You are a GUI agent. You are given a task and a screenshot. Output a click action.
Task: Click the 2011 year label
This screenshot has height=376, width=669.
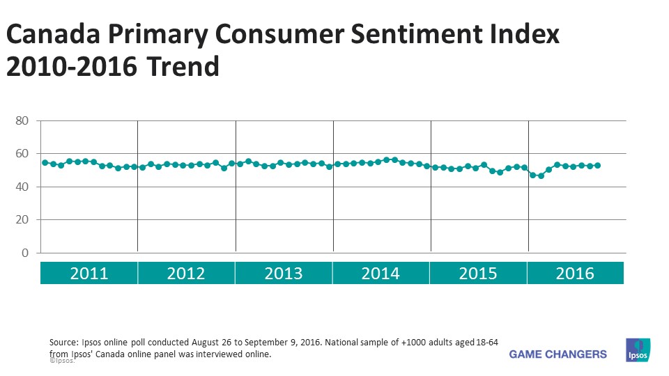89,273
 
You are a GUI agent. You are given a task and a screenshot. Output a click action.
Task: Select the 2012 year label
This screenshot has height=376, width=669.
186,273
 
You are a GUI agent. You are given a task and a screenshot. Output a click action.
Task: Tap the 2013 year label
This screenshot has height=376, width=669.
284,273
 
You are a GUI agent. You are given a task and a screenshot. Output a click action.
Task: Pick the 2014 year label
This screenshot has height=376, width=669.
380,273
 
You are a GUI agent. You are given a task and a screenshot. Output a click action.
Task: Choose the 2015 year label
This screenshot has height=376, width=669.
478,273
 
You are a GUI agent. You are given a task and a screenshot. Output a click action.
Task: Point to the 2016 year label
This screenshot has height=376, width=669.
575,273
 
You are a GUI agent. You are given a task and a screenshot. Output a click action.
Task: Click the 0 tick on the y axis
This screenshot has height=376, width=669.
24,253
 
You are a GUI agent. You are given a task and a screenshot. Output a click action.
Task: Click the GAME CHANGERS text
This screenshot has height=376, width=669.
557,354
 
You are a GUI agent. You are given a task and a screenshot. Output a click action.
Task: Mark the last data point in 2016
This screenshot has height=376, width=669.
598,166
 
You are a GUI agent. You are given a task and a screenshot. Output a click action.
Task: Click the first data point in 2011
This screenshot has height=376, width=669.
45,162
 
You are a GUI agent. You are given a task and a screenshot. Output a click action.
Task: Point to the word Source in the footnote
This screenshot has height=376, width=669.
65,343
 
